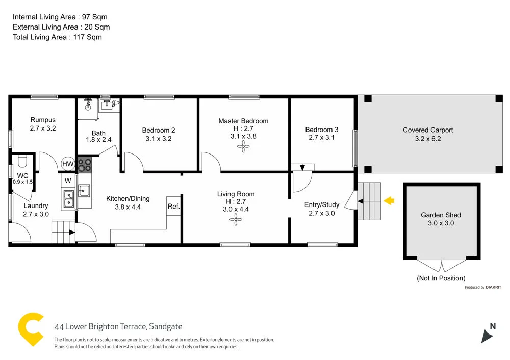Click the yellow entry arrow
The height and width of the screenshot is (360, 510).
[x=389, y=201]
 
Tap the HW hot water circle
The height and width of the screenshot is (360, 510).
[x=67, y=164]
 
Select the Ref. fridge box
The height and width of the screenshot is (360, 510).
[x=173, y=206]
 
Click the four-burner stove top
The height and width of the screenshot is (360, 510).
[x=85, y=165]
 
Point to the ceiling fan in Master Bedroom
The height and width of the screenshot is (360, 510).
[x=243, y=147]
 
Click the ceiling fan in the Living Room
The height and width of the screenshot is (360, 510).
[x=235, y=220]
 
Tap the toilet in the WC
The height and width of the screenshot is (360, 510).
[x=21, y=162]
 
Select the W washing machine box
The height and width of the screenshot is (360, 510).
[x=68, y=180]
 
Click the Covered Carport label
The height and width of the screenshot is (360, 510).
[x=427, y=130]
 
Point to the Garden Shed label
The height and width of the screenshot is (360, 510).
[x=441, y=215]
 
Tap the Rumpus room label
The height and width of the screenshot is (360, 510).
[x=42, y=120]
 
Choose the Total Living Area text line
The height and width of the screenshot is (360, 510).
[x=57, y=37]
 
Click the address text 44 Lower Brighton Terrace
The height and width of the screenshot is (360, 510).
[x=118, y=327]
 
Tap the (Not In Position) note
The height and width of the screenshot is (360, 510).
[x=441, y=278]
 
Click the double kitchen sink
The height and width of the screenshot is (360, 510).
[x=69, y=199]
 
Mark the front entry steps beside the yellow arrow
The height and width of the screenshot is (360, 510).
[x=369, y=201]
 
